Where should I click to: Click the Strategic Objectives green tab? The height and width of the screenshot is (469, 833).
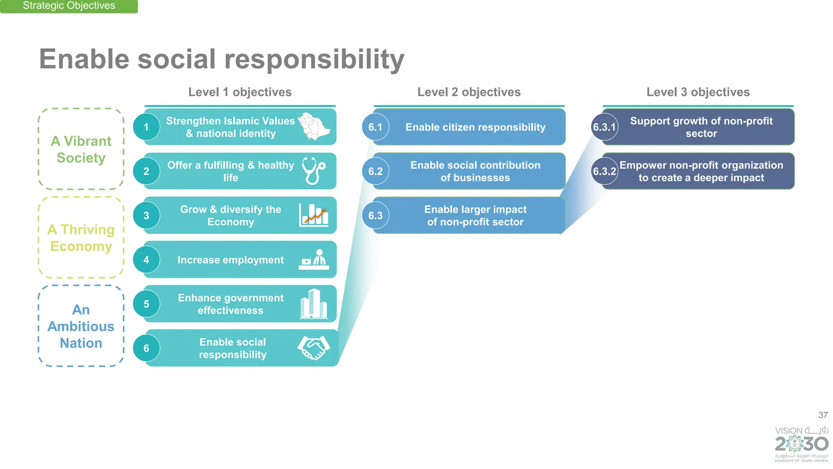click(x=69, y=6)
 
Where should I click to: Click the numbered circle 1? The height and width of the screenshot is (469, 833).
click(x=146, y=127)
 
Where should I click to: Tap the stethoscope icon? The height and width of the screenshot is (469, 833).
click(x=314, y=171)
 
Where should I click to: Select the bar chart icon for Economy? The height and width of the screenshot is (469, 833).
click(x=314, y=215)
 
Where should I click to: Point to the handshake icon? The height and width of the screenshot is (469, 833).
click(x=314, y=347)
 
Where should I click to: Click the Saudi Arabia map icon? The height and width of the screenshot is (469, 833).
click(x=314, y=127)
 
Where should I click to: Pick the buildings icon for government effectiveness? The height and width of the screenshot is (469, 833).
click(x=314, y=303)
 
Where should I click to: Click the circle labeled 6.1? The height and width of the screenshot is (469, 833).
click(x=375, y=127)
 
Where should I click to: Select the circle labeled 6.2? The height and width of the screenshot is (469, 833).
click(x=375, y=171)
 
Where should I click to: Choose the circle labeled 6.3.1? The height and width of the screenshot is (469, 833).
click(x=604, y=127)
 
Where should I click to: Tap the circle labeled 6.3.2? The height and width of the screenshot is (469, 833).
click(x=604, y=171)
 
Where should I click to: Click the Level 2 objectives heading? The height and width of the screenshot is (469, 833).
click(x=469, y=92)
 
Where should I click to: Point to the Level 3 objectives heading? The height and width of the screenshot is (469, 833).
click(x=698, y=92)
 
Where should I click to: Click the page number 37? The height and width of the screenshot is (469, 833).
click(x=823, y=415)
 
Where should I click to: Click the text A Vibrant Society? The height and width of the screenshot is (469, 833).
click(x=81, y=149)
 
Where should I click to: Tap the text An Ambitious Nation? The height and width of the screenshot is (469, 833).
click(x=81, y=326)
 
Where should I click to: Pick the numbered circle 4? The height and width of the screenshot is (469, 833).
click(x=146, y=260)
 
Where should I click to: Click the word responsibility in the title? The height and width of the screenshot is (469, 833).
click(x=314, y=59)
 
